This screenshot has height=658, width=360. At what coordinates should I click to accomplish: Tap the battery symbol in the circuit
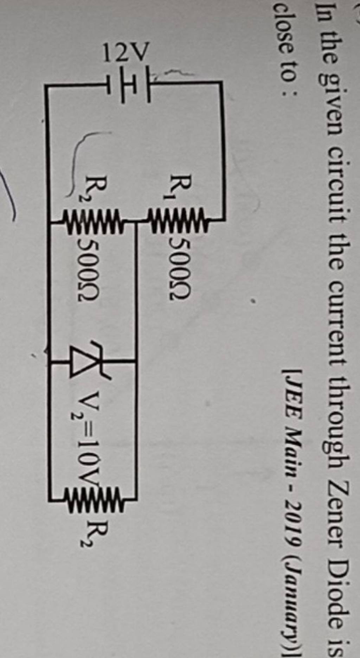pos(134,84)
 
